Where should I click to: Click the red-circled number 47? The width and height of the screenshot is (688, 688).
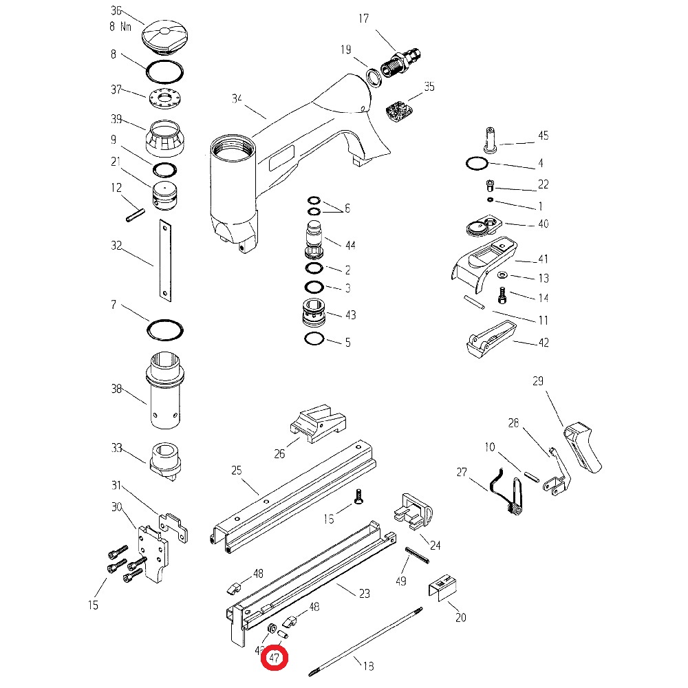275,658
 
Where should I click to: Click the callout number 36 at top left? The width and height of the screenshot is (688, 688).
116,11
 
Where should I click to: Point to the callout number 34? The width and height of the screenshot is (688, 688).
237,100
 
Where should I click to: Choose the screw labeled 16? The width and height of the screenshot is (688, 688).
358,496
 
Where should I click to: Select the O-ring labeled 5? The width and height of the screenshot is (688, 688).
313,340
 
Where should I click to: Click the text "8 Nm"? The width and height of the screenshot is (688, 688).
121,27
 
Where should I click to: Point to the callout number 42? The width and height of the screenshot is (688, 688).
544,343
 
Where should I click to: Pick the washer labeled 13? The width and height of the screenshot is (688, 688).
501,275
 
